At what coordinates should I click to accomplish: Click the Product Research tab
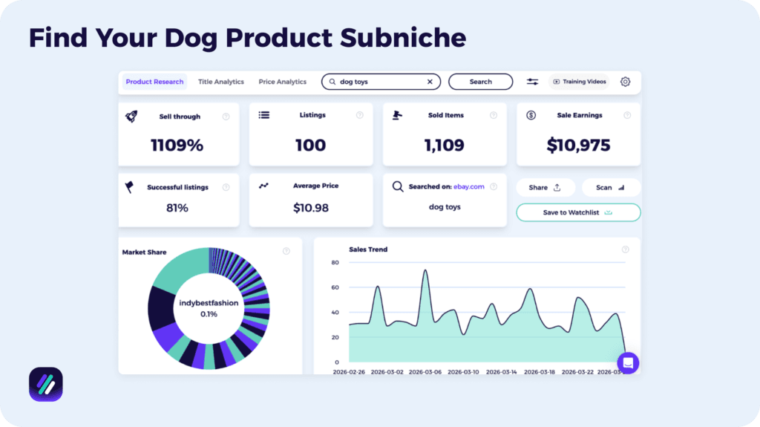coord(154,82)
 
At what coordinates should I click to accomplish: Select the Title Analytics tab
coord(220,82)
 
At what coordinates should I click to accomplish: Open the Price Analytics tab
coord(282,82)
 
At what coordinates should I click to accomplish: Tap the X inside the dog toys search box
coord(430,82)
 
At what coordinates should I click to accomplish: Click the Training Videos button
coord(579,82)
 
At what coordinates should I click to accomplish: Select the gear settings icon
coord(625,82)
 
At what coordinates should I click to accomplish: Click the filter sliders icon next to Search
coord(533,82)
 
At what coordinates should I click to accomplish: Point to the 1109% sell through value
coord(177,145)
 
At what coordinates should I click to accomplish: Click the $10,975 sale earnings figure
coord(578,145)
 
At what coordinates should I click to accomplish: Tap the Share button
coord(545,187)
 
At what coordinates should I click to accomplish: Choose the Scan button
coord(610,187)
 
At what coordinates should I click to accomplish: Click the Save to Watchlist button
coord(577,212)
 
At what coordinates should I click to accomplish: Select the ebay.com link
coord(469,186)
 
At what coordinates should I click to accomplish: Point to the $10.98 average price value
coord(310,208)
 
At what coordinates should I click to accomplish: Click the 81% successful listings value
coord(177,208)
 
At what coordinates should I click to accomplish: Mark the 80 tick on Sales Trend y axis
coord(335,263)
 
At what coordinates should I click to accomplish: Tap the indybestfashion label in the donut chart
coord(209,303)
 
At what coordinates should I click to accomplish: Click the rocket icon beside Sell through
coord(131,116)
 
